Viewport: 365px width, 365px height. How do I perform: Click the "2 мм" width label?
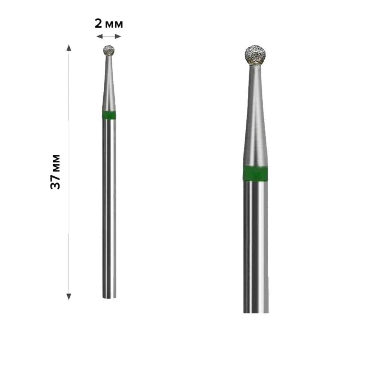109,24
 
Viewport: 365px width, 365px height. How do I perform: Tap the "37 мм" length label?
55,172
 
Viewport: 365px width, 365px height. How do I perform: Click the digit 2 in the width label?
98,24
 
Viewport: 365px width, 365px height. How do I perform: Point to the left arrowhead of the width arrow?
99,36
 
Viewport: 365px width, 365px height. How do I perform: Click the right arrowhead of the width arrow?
118,36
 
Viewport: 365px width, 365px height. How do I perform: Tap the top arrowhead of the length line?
69,47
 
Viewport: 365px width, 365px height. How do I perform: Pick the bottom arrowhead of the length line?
69,296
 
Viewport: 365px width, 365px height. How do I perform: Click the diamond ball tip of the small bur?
109,50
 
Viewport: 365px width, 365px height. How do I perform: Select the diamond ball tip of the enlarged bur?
255,55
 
